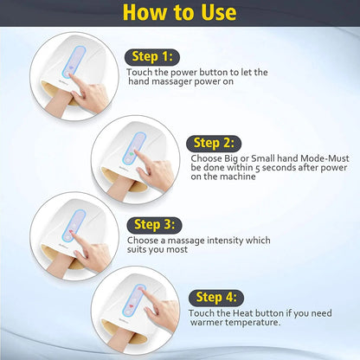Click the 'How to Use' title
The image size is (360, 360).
pos(179,13)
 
